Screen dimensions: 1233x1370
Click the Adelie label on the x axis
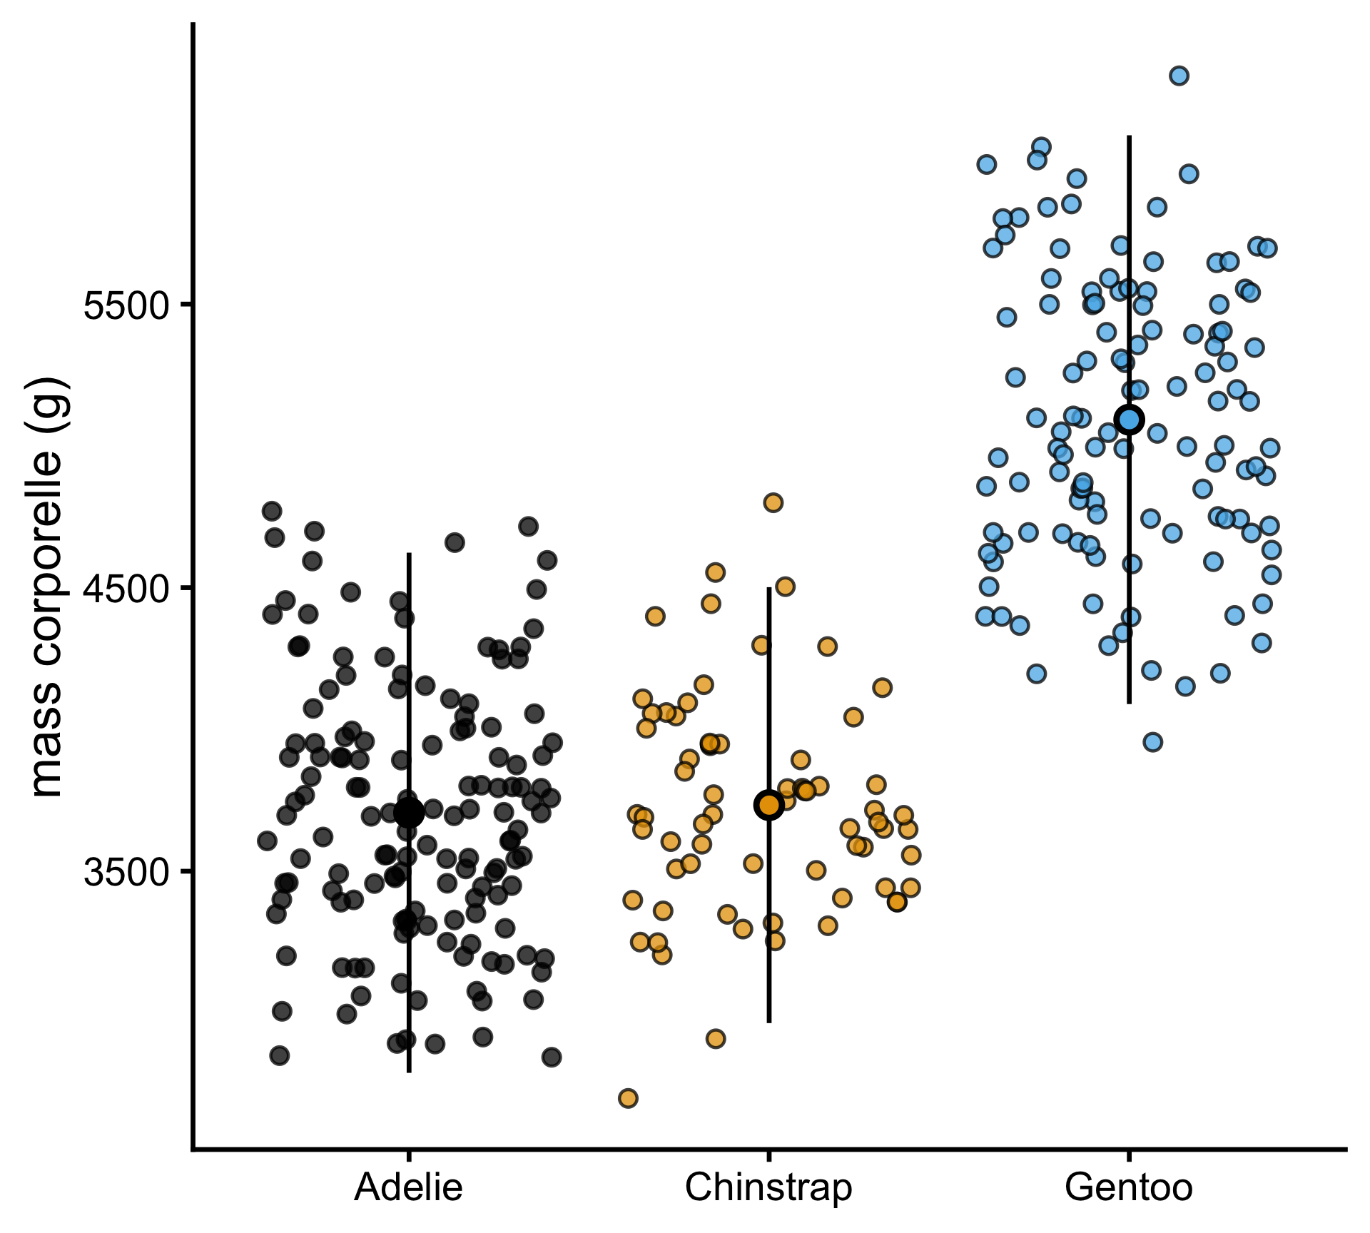pyautogui.click(x=408, y=1188)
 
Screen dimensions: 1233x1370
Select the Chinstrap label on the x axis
pyautogui.click(x=768, y=1188)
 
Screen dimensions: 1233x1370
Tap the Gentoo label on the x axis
pyautogui.click(x=1128, y=1188)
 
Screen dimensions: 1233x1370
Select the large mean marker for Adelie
pyautogui.click(x=409, y=812)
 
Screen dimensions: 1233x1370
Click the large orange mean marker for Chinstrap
pyautogui.click(x=769, y=806)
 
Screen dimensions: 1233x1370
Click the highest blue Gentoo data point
pyautogui.click(x=1179, y=76)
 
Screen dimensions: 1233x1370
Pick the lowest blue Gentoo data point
pyautogui.click(x=1153, y=742)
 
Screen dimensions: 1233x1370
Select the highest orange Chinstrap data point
pyautogui.click(x=773, y=502)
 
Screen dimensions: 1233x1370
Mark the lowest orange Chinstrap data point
pyautogui.click(x=628, y=1098)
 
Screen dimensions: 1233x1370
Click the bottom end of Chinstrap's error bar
pyautogui.click(x=769, y=1022)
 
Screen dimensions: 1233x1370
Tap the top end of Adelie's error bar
pyautogui.click(x=409, y=554)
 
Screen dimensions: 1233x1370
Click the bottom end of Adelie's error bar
pyautogui.click(x=409, y=1071)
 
